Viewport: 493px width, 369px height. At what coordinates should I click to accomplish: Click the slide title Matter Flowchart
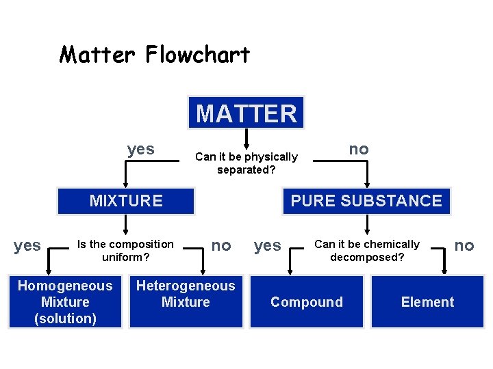coord(155,55)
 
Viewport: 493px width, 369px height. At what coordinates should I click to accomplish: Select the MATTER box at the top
coord(246,113)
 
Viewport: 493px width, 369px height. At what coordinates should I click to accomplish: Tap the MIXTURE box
coord(126,201)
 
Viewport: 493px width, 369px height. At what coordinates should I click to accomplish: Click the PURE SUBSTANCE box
coord(366,201)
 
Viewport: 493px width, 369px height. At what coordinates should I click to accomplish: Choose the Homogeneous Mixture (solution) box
coord(65,302)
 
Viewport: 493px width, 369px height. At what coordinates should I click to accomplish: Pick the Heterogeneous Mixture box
coord(186,295)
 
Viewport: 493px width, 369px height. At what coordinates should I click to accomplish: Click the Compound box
coord(307,302)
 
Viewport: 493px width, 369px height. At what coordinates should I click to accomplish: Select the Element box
coord(427,302)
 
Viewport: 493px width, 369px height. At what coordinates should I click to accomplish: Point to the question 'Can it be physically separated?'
coord(246,163)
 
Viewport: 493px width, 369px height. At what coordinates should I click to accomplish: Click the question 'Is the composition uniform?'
coord(126,251)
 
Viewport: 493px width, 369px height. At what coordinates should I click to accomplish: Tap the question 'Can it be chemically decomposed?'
coord(367,251)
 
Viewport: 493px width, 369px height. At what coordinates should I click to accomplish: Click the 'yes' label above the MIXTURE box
coord(140,149)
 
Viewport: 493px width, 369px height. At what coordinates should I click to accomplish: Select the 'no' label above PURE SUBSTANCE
coord(359,149)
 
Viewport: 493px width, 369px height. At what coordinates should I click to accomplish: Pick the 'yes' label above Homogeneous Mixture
coord(27,245)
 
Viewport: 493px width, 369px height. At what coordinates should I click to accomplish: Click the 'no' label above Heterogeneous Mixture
coord(220,245)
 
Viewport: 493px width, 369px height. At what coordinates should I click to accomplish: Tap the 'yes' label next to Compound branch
coord(267,245)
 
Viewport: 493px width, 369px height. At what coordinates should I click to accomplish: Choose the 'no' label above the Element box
coord(464,245)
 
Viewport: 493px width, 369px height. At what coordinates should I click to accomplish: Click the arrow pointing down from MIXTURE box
coord(126,225)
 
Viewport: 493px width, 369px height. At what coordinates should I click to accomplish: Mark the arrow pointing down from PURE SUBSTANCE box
coord(367,225)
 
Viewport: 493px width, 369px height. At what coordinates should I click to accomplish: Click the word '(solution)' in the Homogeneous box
coord(65,318)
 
